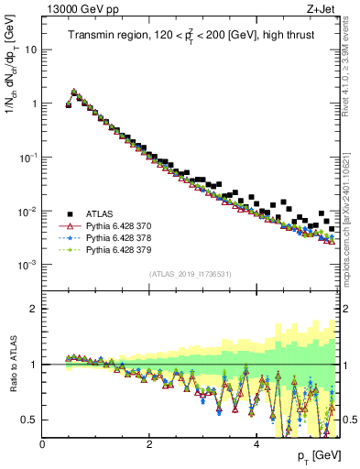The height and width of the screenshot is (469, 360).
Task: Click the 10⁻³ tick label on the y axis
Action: coord(27,265)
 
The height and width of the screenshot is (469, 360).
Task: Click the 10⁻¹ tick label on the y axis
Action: coord(27,158)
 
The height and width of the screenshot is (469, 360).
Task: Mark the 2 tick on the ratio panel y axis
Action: coord(35,309)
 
